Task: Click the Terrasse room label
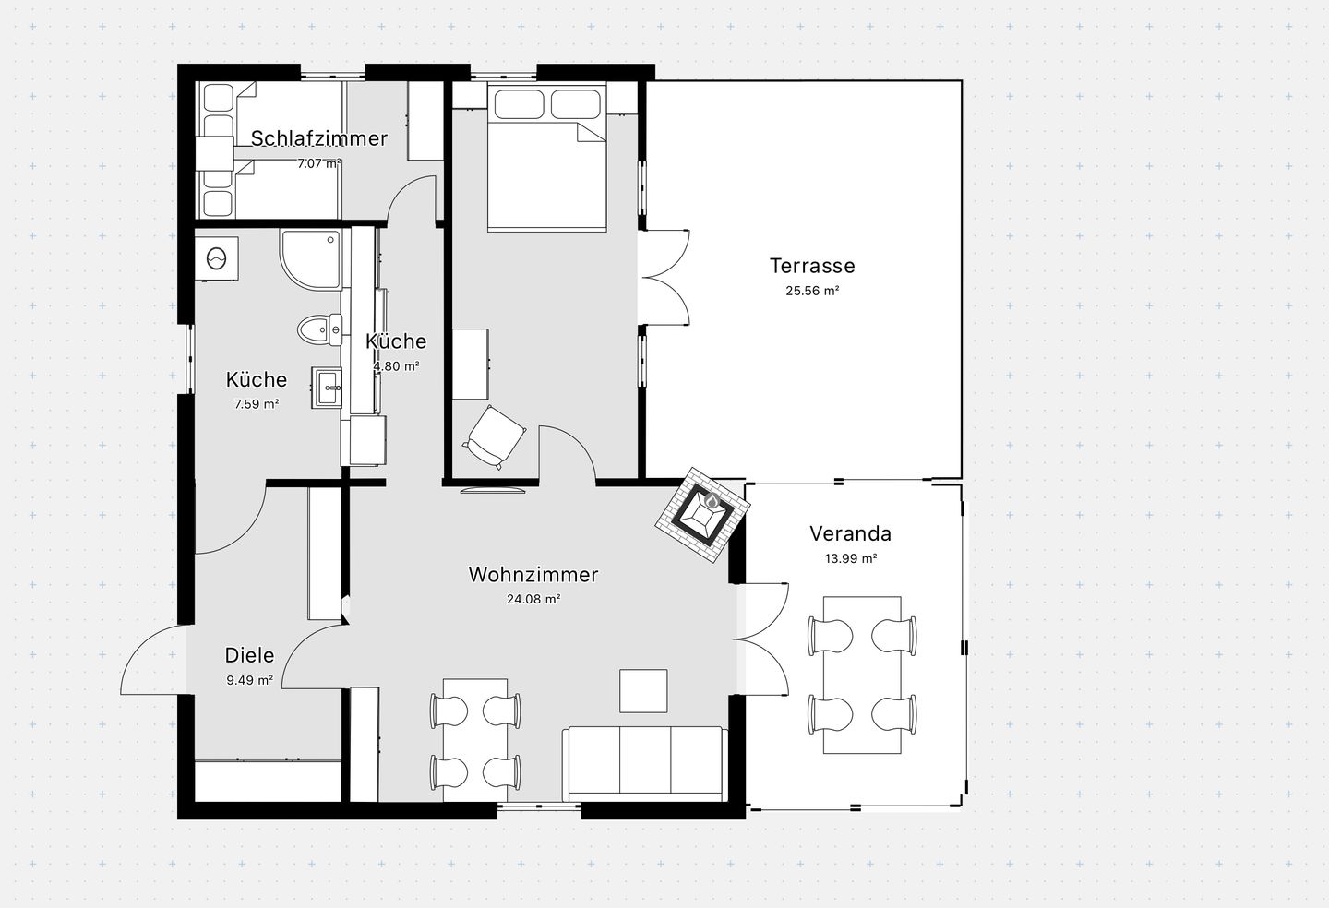(812, 266)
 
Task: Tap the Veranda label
(850, 533)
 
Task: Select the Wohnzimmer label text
(533, 575)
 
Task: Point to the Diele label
(249, 655)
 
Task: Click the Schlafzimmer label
(319, 138)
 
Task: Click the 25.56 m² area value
(812, 291)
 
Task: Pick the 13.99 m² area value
(850, 558)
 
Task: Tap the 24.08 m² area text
(533, 599)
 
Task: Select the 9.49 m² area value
(249, 680)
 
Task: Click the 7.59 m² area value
(257, 404)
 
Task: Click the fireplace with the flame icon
(703, 515)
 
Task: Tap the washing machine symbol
(217, 258)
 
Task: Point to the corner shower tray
(312, 260)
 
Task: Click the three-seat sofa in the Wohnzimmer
(645, 764)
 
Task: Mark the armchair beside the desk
(494, 437)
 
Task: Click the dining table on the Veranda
(862, 675)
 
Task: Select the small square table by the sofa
(644, 691)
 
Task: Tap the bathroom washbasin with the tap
(327, 388)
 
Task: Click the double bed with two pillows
(547, 157)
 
